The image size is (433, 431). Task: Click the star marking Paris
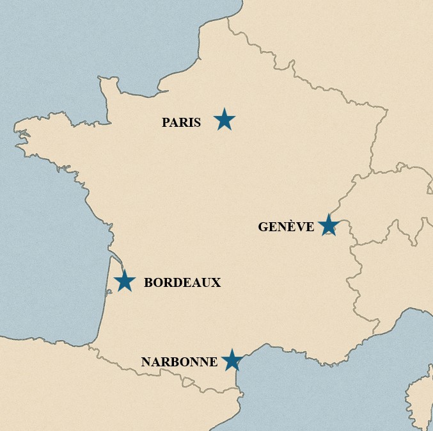224,120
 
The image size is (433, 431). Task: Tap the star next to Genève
328,225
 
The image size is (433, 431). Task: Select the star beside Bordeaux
125,281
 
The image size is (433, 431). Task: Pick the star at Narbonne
232,361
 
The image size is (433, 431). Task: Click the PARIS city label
181,122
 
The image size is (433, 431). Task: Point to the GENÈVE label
286,227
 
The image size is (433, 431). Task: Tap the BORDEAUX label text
182,282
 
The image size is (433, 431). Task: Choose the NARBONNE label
179,362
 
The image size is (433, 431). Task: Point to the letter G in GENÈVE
263,227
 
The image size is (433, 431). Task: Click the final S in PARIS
197,122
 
